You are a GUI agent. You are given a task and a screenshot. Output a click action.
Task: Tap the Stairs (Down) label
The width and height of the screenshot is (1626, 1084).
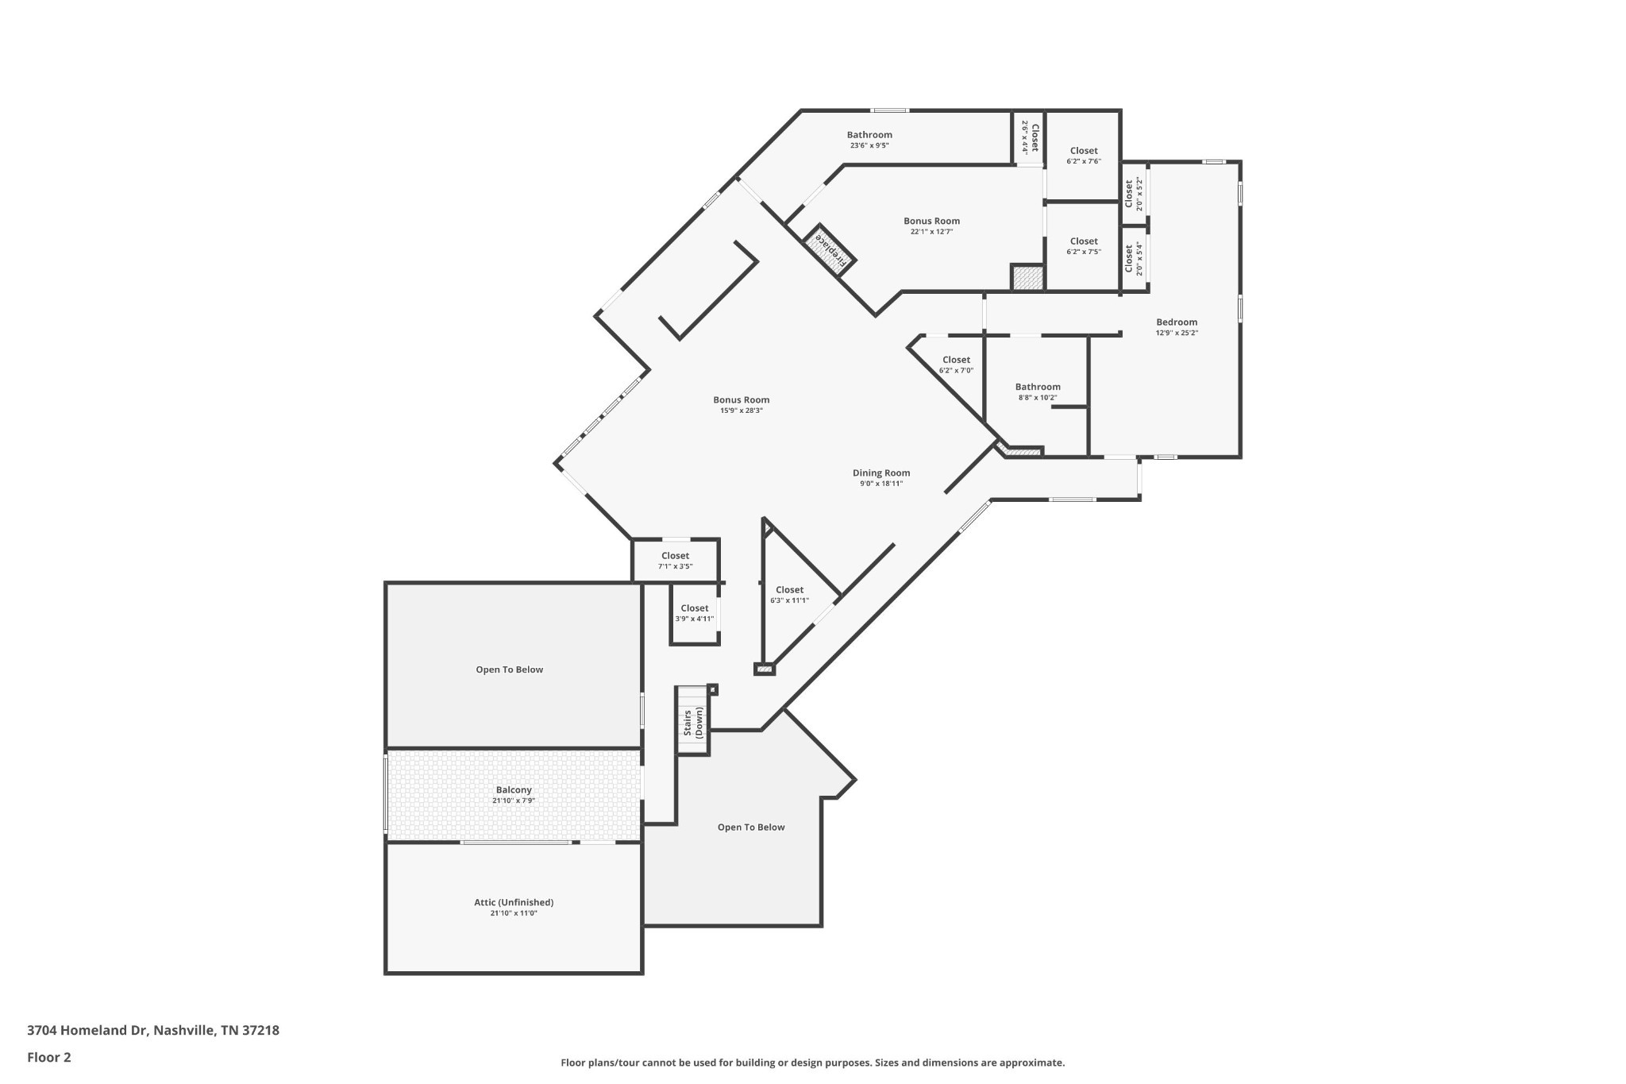[x=693, y=723]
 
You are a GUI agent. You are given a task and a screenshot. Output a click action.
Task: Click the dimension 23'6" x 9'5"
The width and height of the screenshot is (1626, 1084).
[x=869, y=145]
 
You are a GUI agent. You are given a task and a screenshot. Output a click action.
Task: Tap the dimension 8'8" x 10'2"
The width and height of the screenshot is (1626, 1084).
[x=1038, y=398]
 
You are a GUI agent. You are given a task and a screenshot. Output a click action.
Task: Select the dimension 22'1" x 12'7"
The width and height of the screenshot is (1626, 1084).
[x=931, y=232]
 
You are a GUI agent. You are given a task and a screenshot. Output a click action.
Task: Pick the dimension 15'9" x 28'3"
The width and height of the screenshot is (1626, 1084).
[x=742, y=411]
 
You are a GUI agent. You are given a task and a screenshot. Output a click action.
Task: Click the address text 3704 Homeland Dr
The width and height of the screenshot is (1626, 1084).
[x=87, y=1031]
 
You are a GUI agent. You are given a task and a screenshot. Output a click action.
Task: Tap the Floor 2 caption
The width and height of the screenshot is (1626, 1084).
[x=49, y=1057]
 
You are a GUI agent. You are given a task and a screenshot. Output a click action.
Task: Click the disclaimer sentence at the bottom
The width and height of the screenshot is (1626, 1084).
[x=813, y=1063]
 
